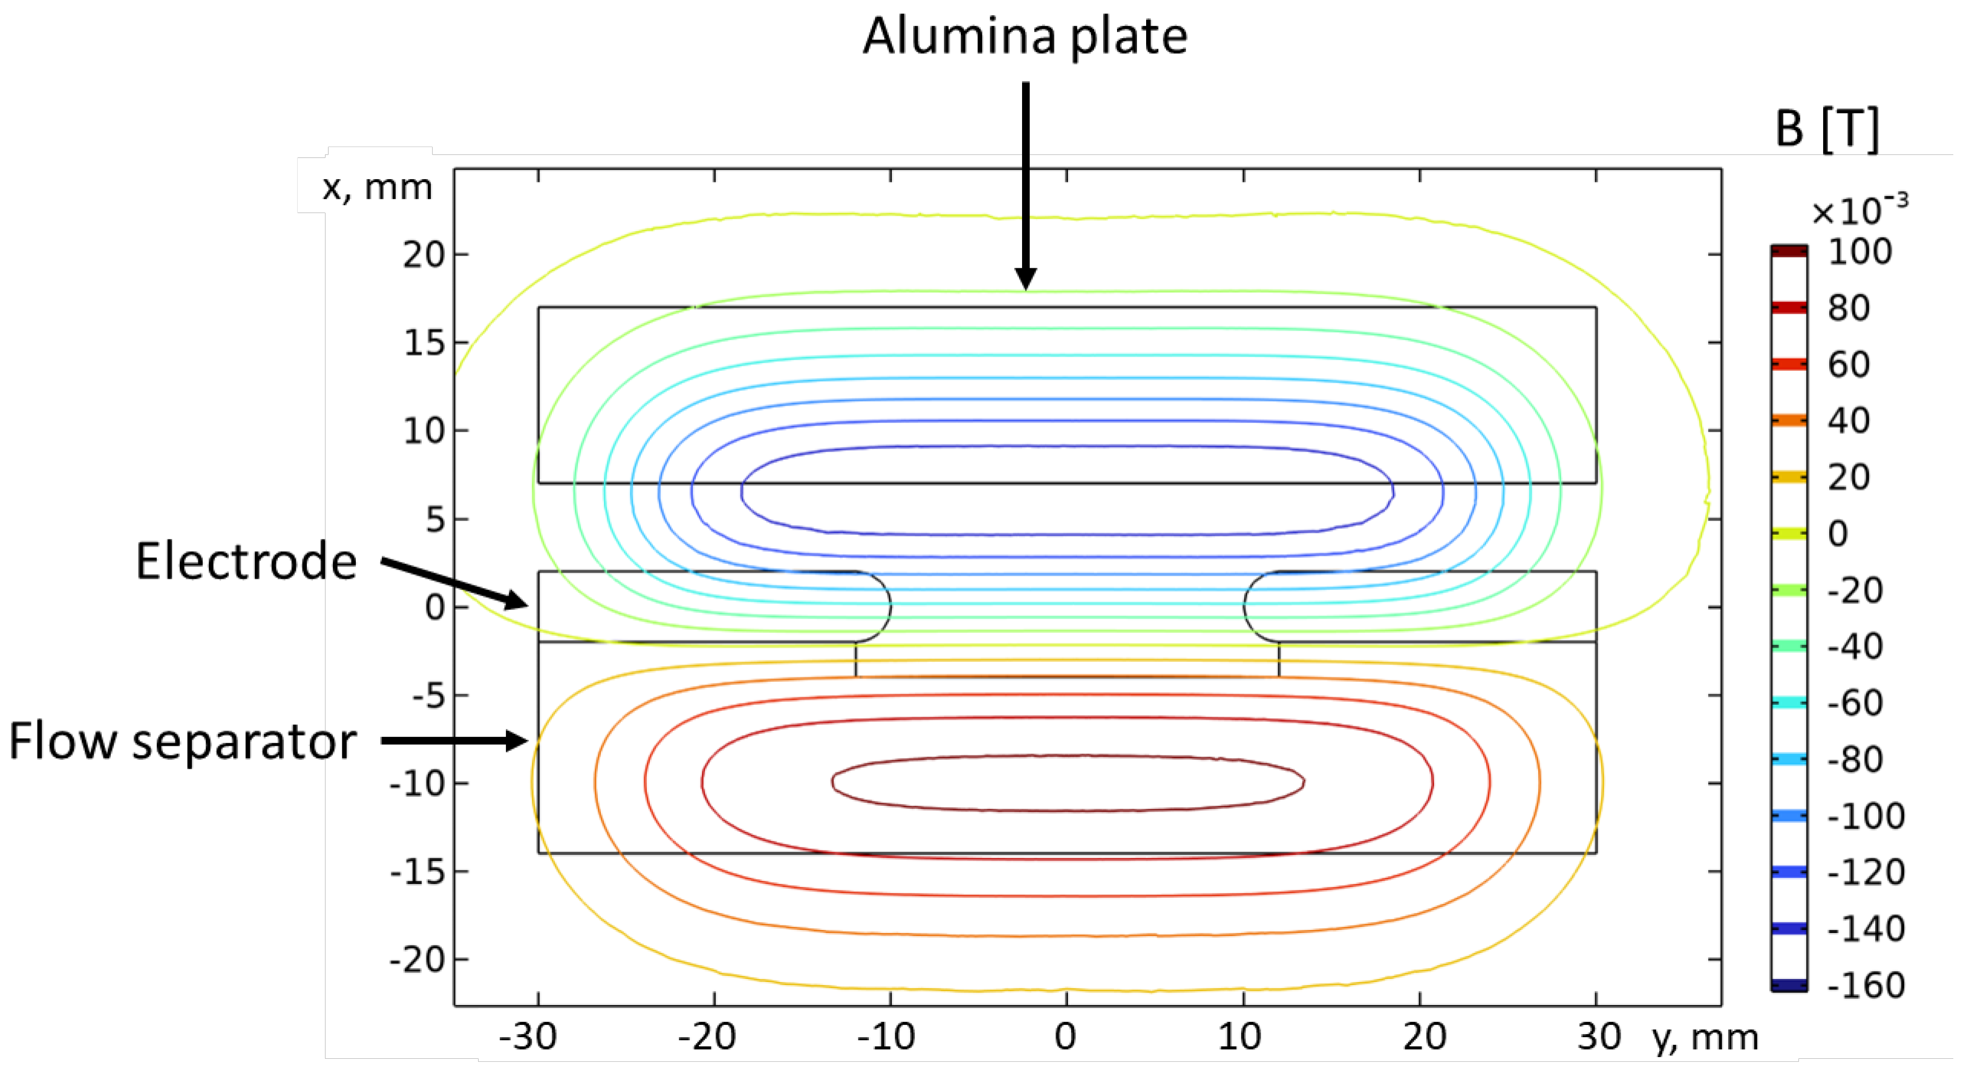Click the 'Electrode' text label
[246, 561]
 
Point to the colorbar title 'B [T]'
[1826, 129]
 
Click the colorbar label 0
[1838, 533]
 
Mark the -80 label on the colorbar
[1855, 760]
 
